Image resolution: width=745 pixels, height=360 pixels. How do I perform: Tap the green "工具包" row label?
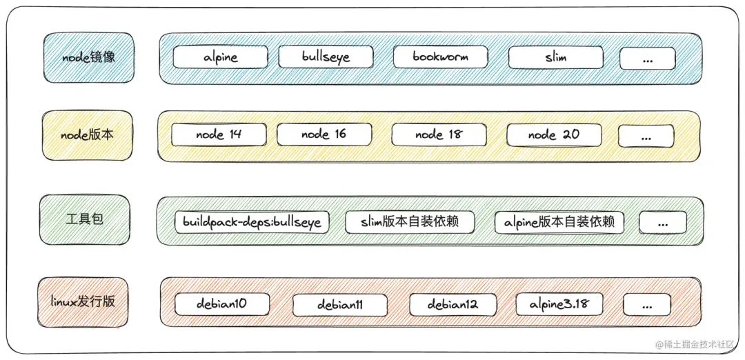tap(85, 219)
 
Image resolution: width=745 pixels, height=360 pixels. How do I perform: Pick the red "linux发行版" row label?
tap(83, 301)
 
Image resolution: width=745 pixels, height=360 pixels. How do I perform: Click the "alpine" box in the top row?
tap(221, 57)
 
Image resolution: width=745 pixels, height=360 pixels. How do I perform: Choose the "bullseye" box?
tap(326, 57)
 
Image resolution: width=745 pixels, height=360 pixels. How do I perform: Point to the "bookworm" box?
tap(440, 57)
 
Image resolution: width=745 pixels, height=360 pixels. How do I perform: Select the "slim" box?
tap(556, 57)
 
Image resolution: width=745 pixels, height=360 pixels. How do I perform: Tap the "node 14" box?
tap(219, 134)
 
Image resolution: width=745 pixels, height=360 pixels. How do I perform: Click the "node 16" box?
tap(324, 134)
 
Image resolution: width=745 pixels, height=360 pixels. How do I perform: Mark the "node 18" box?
tap(438, 134)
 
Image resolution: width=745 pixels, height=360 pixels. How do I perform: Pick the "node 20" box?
tap(553, 134)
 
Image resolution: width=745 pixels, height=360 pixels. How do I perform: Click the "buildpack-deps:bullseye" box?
tap(252, 222)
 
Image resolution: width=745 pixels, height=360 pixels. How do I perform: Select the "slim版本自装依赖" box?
tap(410, 221)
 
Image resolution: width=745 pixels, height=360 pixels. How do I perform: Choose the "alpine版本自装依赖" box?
tap(559, 222)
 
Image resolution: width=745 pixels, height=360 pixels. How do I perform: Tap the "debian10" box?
tap(221, 303)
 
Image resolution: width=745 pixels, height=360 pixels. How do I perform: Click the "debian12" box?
tap(453, 303)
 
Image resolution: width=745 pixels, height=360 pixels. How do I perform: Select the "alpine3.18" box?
tap(559, 303)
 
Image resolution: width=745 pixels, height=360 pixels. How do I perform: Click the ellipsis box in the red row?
tap(646, 304)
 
